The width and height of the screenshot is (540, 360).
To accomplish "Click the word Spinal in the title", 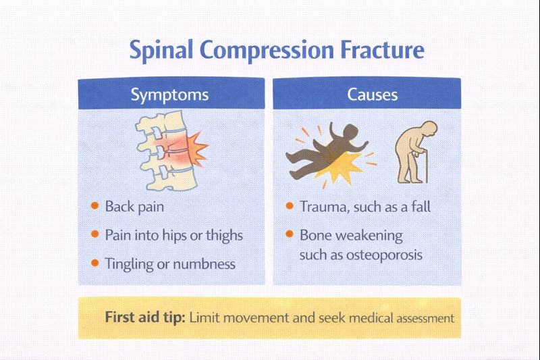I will [x=163, y=51].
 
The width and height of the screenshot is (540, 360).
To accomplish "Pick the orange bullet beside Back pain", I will [x=95, y=205].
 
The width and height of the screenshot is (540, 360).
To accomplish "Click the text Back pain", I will [x=134, y=206].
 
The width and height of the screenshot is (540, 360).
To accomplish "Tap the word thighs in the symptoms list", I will [x=223, y=235].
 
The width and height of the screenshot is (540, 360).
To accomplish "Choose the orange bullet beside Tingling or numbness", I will [x=95, y=263].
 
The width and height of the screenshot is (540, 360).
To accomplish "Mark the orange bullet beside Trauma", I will [x=290, y=205].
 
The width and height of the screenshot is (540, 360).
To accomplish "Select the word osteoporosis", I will [x=385, y=255].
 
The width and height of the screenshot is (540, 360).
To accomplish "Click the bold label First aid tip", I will [x=144, y=317].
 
